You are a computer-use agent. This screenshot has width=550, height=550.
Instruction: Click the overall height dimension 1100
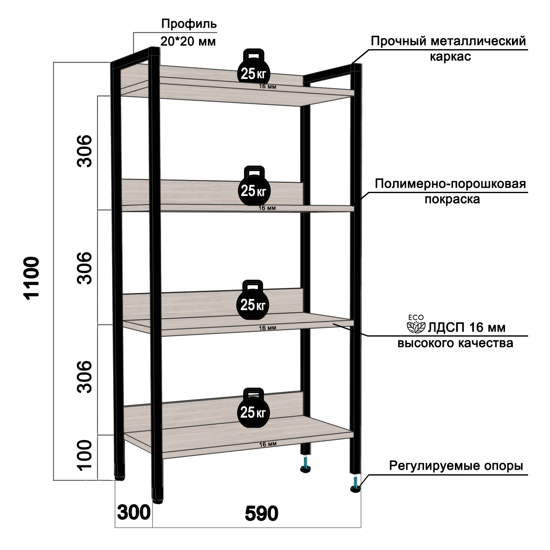pos(32,277)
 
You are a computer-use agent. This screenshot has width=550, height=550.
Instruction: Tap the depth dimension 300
pos(134,513)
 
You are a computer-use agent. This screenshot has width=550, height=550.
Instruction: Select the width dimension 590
pos(261,514)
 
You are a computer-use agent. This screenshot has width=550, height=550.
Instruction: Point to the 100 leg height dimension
pos(84,455)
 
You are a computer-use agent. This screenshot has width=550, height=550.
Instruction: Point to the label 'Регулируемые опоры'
pos(456,466)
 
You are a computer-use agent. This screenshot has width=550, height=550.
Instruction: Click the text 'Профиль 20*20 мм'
pos(188,32)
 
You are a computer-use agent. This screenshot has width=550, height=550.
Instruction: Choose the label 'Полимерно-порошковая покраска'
pos(450,191)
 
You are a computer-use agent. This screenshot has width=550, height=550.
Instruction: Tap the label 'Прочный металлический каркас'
pos(448,48)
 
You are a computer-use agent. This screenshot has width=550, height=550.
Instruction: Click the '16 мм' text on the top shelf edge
pos(268,87)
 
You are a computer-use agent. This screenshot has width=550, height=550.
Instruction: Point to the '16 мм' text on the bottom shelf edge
pos(268,444)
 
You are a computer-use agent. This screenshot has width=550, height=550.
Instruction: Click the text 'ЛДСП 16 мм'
pos(466,328)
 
